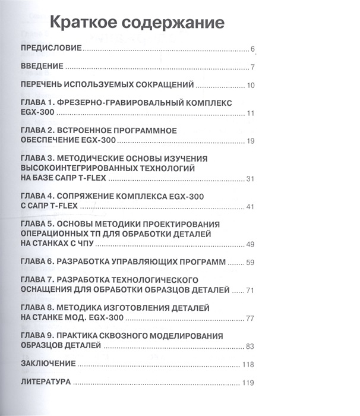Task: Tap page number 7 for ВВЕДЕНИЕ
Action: pyautogui.click(x=252, y=67)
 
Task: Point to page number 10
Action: pyautogui.click(x=251, y=86)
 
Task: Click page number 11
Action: pyautogui.click(x=251, y=114)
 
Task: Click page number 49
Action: pyautogui.click(x=250, y=244)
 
